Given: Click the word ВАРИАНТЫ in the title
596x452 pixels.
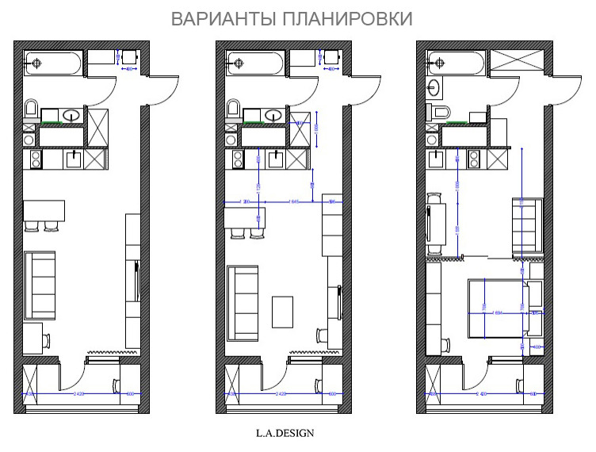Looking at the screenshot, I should [224, 18].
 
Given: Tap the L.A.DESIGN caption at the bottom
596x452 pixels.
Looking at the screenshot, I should [285, 433].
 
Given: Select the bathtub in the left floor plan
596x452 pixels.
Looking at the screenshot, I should [53, 61].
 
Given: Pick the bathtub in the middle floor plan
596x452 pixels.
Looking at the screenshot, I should [254, 61].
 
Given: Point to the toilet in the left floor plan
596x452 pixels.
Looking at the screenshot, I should [32, 109].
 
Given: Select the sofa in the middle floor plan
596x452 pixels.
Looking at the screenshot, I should [242, 301].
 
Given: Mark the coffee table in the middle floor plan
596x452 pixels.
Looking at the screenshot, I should [283, 311].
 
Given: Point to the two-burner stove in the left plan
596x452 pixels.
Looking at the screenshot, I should [36, 160].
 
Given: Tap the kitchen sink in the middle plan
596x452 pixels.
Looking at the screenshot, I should [277, 159].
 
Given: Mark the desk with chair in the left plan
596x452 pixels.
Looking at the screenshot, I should [35, 339].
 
